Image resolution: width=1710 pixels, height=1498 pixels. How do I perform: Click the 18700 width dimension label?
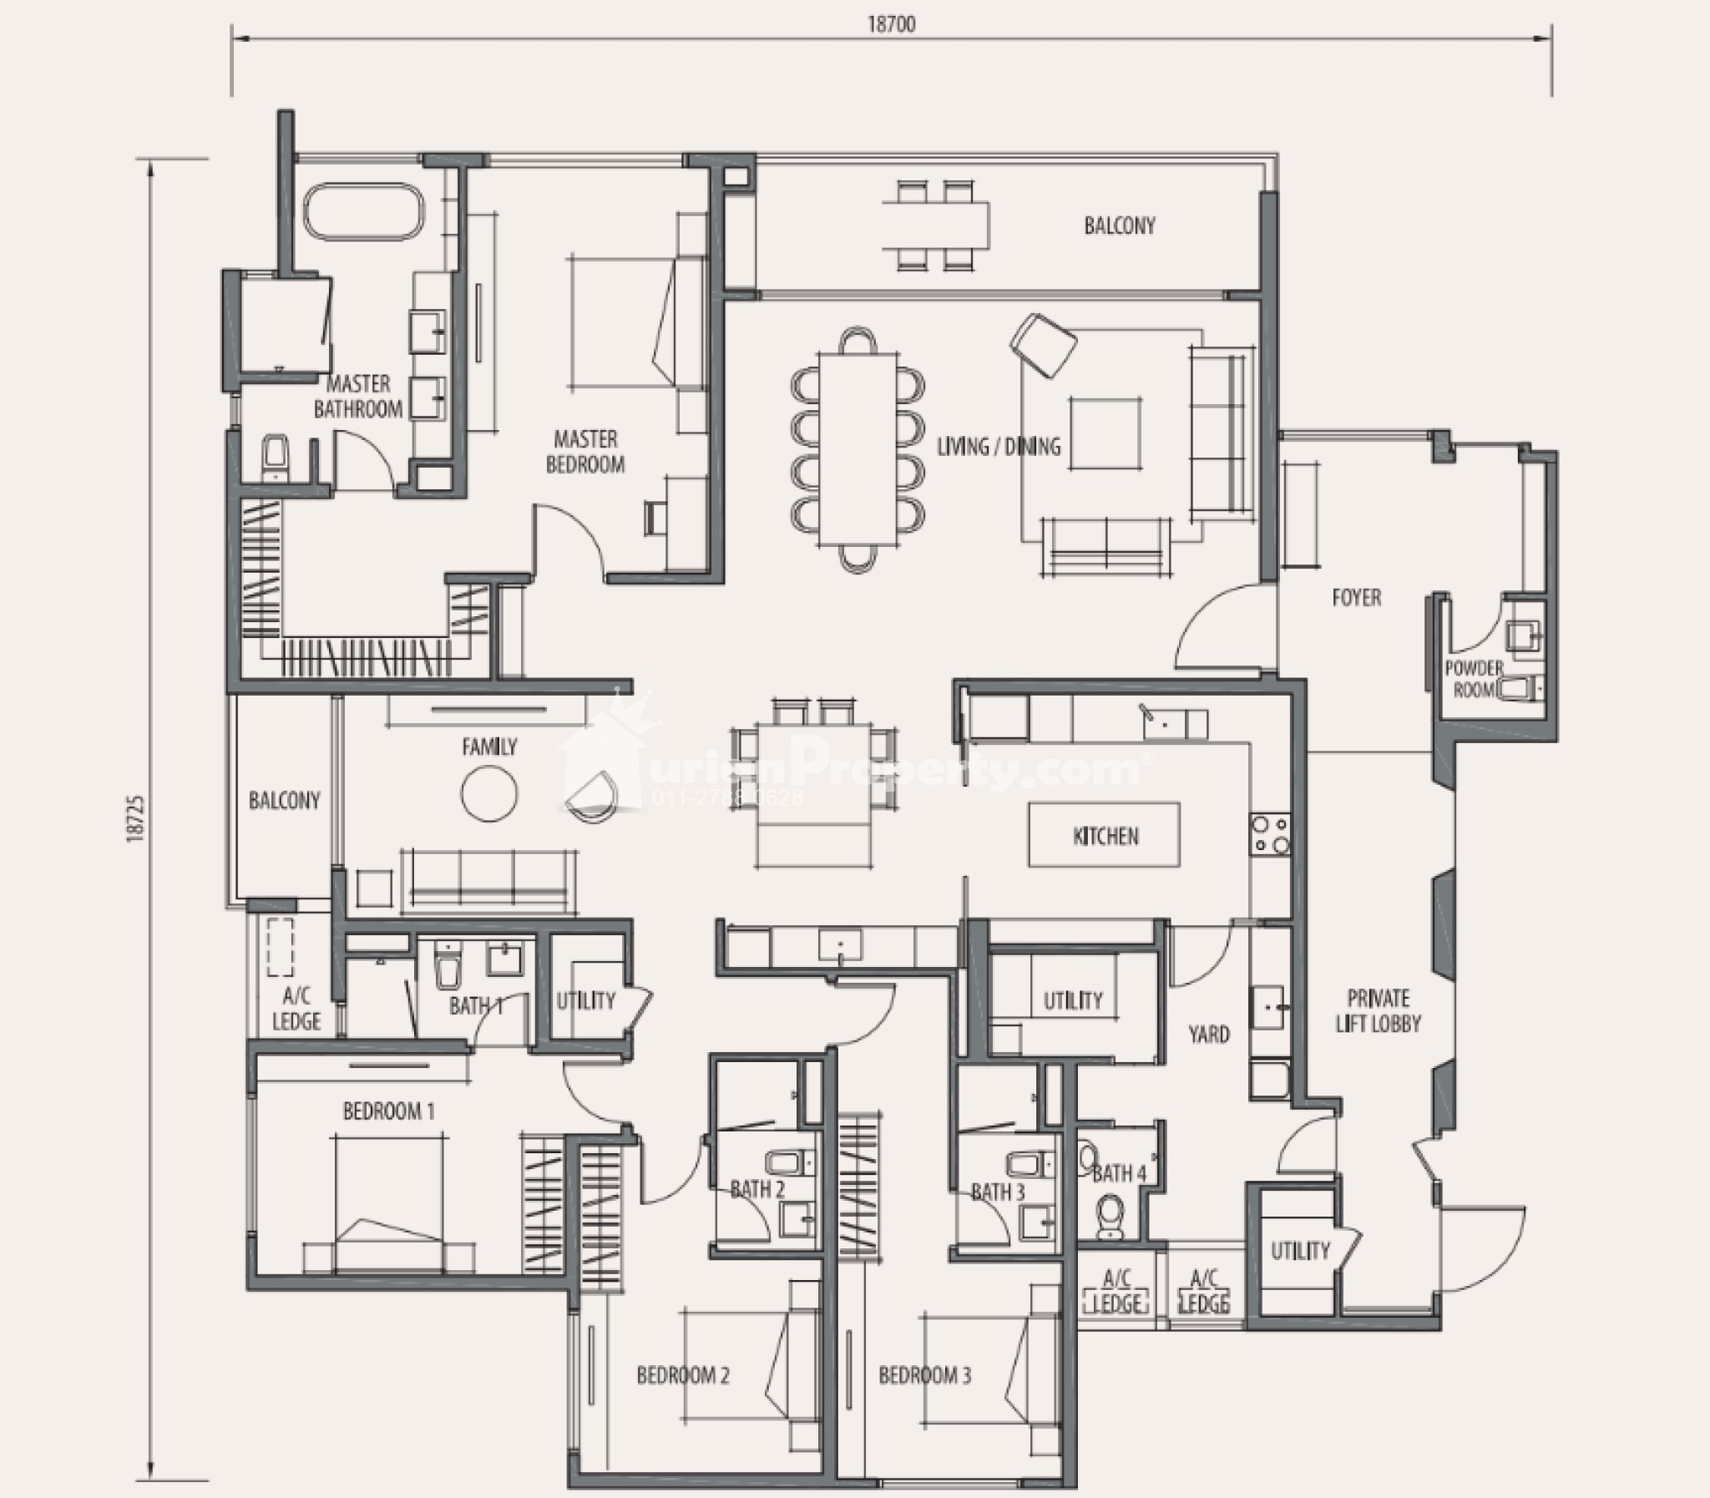coord(891,25)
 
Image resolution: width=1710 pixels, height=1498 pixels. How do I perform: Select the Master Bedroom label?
coord(585,452)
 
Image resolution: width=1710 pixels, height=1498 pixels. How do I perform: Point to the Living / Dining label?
coord(998,447)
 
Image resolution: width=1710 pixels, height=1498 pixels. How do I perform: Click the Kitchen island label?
coord(1105,836)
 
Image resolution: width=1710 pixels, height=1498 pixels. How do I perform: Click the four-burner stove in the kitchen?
coord(1269,835)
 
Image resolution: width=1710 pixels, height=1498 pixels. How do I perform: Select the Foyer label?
coord(1357,598)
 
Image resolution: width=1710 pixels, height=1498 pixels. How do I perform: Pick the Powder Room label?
coord(1475,680)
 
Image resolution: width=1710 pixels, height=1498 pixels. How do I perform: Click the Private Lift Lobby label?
coord(1379,1010)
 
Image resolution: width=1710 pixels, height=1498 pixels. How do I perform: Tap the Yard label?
coord(1208,1035)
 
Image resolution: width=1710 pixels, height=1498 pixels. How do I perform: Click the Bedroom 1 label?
coord(388,1111)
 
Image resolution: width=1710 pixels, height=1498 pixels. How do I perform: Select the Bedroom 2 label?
coord(683,1375)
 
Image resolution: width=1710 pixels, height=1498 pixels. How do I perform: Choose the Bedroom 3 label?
coord(924,1375)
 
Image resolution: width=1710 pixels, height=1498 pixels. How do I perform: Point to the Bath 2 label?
coord(757,1189)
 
